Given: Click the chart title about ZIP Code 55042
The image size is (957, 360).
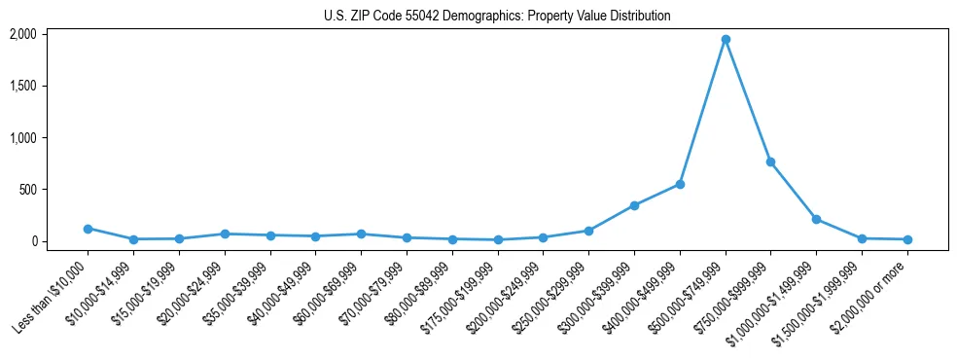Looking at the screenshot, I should [497, 17].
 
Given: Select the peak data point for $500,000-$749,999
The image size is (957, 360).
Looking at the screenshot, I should [726, 40].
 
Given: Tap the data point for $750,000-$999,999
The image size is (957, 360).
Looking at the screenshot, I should [770, 162].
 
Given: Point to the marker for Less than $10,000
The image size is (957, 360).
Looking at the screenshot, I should [88, 229].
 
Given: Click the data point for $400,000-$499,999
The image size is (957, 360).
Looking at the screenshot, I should [680, 184].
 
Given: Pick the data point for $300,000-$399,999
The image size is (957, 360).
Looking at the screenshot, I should [634, 205].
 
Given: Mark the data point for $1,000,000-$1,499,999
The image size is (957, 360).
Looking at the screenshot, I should [816, 219].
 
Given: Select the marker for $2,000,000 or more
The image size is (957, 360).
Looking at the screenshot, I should [907, 239].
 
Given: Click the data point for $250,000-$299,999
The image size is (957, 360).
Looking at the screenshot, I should [588, 231].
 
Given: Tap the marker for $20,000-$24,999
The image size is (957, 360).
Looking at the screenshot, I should [225, 234].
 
